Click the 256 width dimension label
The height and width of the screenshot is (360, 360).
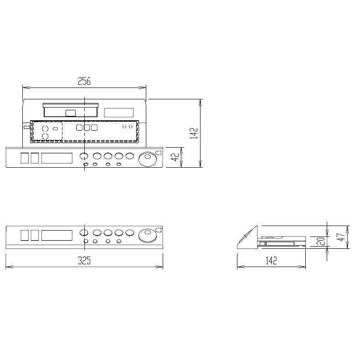tap(84, 82)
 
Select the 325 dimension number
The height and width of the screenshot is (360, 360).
tap(84, 260)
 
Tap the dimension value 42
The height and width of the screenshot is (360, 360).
tap(174, 157)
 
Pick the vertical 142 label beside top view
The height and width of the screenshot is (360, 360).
tap(194, 133)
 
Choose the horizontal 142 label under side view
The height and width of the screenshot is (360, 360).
tap(271, 261)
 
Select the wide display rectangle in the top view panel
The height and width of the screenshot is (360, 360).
tap(57, 158)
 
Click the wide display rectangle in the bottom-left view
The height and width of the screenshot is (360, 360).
tap(57, 235)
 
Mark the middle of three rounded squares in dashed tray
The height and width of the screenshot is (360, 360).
tap(87, 128)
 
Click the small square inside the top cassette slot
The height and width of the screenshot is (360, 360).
tap(71, 113)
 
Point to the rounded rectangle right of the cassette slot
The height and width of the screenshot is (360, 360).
tap(118, 113)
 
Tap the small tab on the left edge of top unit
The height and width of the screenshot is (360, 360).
tap(26, 127)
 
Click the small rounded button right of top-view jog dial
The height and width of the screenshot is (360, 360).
tap(158, 154)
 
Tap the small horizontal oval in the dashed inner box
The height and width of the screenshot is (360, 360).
tap(56, 129)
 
